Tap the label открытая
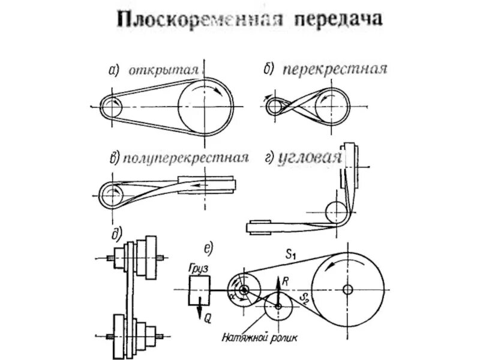(163, 70)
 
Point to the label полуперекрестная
(186, 158)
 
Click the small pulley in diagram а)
(112, 107)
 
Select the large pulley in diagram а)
(205, 107)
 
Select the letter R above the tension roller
(286, 280)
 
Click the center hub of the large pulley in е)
(347, 289)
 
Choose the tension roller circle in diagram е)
(278, 306)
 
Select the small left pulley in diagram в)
(112, 196)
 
